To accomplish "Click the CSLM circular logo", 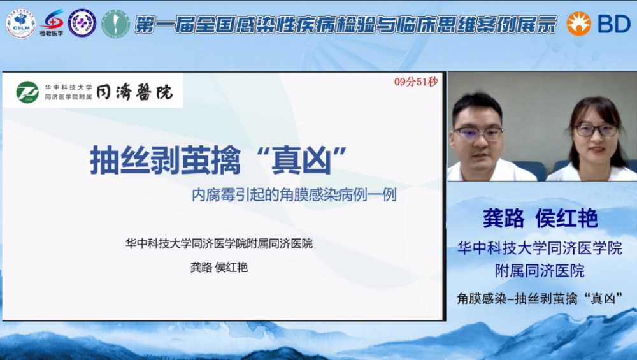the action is tap(21, 24).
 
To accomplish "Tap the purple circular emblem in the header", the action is tap(82, 23).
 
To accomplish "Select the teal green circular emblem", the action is tap(115, 24).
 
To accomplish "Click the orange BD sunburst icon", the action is tap(578, 24).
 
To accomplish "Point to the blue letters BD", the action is tap(614, 24).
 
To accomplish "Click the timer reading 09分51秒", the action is tap(415, 82).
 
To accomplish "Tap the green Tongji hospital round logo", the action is tap(27, 92).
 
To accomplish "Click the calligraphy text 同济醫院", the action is tap(135, 92).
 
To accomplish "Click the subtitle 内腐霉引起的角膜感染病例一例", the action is tap(294, 195).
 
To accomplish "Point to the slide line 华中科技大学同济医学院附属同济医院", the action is tap(219, 244).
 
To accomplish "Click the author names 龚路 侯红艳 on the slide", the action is tap(219, 268).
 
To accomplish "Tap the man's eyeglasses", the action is tap(478, 133).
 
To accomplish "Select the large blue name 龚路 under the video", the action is tap(504, 219).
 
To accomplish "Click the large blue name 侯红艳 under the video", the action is tap(566, 219).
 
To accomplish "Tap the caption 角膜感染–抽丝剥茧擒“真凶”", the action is tap(540, 299).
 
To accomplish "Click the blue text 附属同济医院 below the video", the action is tap(540, 271).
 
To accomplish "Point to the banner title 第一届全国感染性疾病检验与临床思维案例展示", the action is tap(345, 25).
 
